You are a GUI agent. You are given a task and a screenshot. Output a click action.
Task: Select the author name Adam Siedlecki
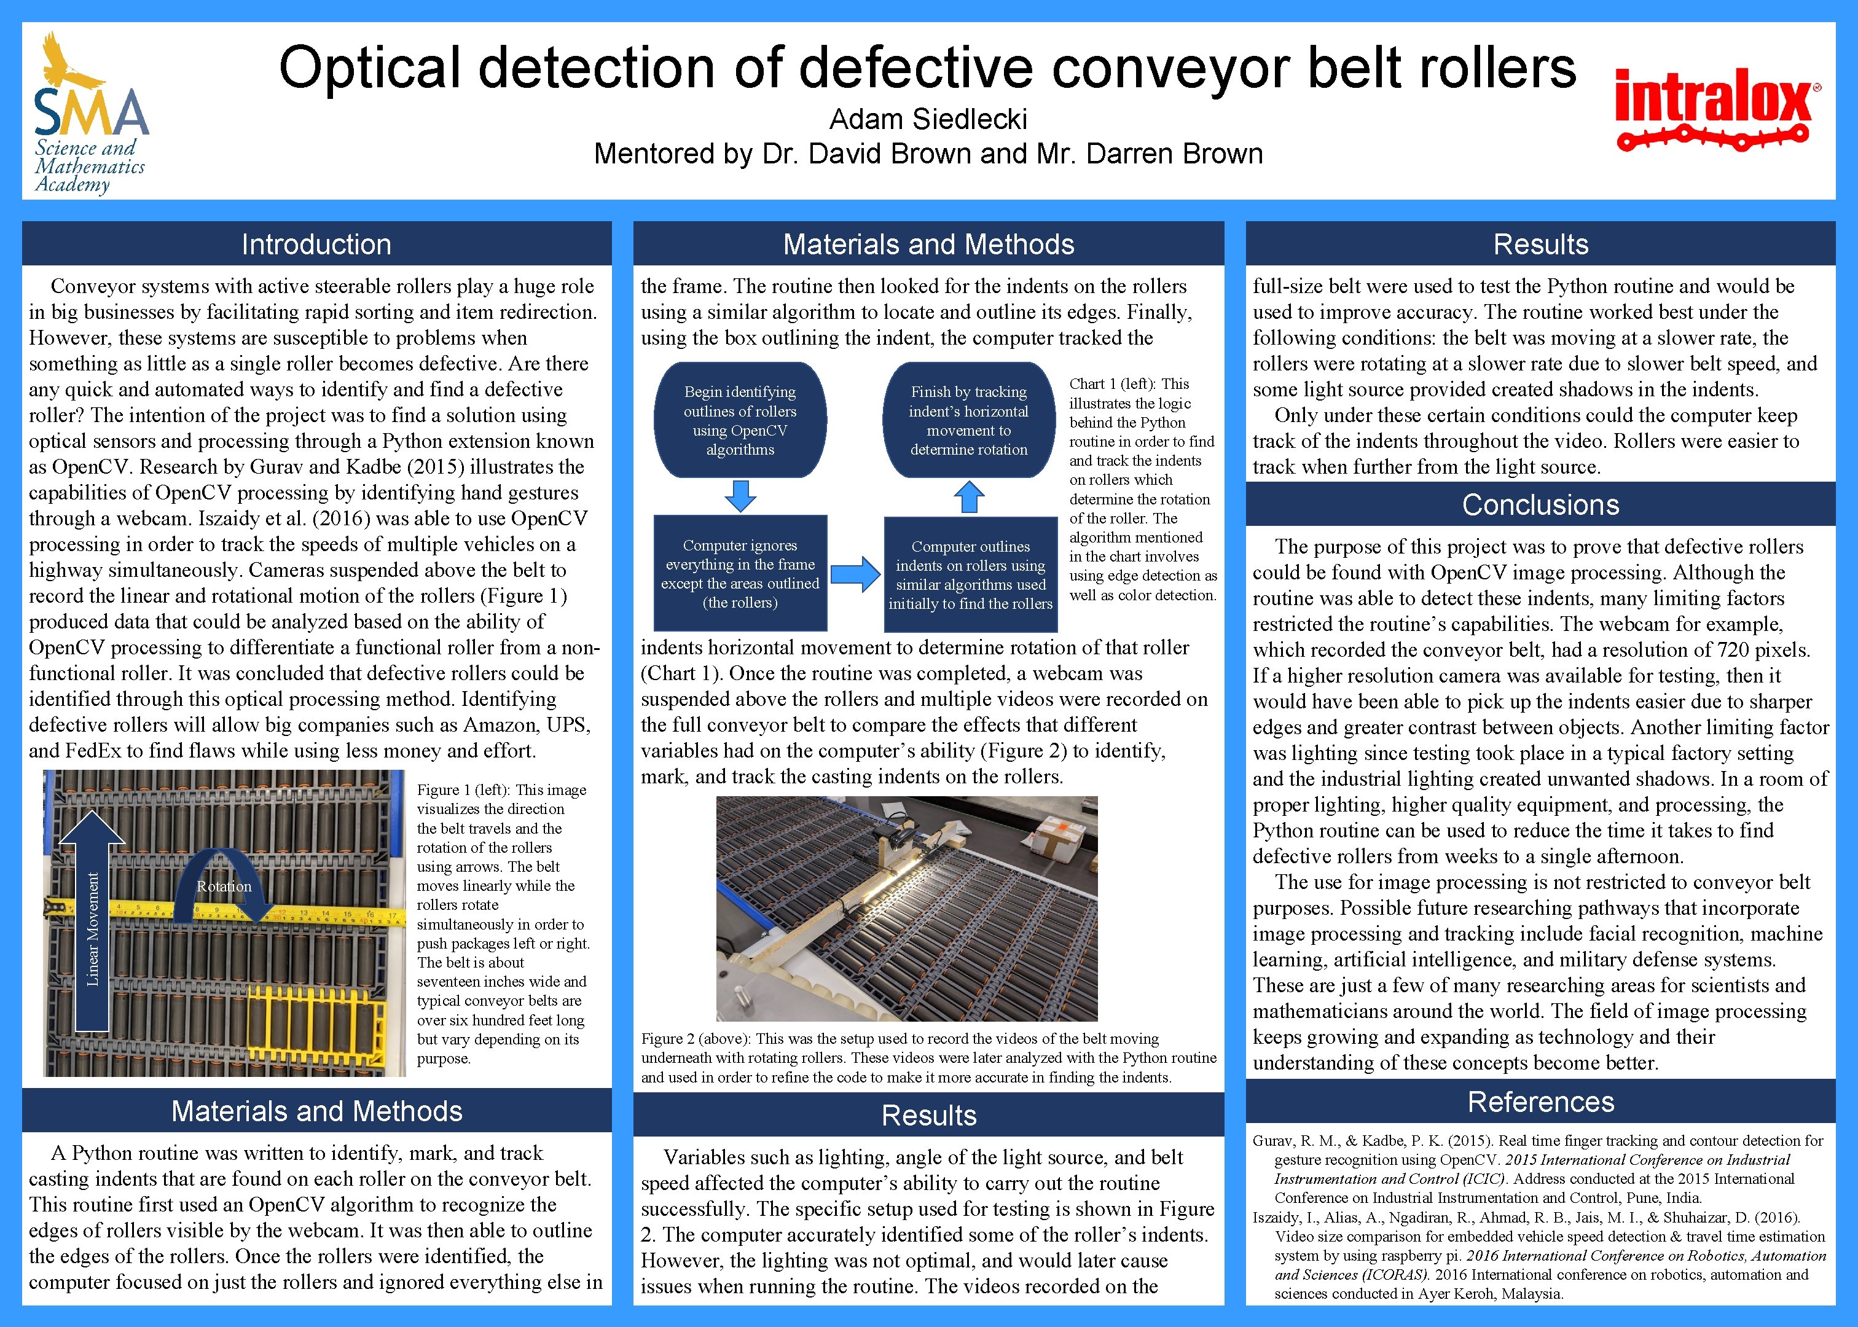point(928,119)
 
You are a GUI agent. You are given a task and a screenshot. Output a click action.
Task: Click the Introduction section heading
point(316,245)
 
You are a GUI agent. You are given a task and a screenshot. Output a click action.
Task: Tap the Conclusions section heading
point(1540,505)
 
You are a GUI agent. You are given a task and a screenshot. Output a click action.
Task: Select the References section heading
point(1540,1102)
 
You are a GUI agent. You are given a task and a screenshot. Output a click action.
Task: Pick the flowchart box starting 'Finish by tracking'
point(969,420)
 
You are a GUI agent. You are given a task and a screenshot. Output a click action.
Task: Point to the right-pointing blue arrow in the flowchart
point(855,574)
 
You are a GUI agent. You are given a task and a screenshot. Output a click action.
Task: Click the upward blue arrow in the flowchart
point(969,496)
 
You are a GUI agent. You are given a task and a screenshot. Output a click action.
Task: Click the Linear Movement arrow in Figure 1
point(92,923)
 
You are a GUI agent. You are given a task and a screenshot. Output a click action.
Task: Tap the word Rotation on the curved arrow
point(224,887)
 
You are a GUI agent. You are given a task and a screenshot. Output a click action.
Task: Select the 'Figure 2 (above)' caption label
point(696,1038)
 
